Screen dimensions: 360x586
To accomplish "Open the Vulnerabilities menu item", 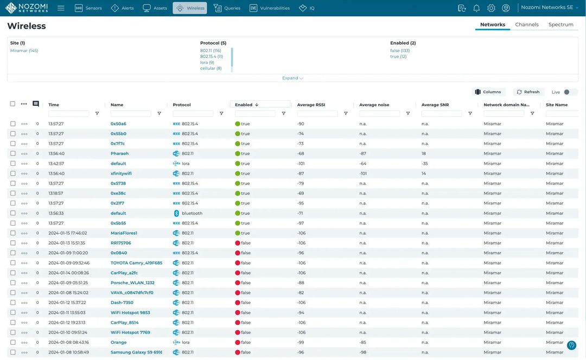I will point(270,8).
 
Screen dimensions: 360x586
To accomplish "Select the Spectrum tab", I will point(560,24).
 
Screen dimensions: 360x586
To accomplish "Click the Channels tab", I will point(526,24).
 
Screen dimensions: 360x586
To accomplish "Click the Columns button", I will point(488,92).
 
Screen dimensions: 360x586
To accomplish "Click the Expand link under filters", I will point(292,78).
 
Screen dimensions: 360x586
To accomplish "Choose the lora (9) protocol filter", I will point(207,62).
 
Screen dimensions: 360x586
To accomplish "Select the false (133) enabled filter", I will point(399,50).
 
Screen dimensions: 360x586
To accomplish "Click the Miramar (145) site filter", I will point(24,50).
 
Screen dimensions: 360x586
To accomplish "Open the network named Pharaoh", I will point(119,153).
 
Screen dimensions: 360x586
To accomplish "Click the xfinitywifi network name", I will point(121,173).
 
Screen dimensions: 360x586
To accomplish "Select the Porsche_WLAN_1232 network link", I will point(132,282).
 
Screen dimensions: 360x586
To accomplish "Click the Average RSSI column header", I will point(311,105).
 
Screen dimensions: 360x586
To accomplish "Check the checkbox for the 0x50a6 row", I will point(13,124).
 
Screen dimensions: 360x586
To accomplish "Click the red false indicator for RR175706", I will point(238,243).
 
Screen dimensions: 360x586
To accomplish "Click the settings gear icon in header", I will point(491,8).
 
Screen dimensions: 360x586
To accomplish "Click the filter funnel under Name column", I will point(159,113).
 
